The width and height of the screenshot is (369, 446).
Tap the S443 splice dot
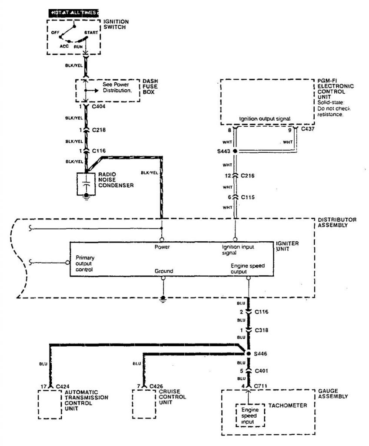point(235,151)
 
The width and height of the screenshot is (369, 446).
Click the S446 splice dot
point(248,353)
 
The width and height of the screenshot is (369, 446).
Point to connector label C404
point(99,106)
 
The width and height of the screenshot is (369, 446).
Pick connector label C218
point(99,130)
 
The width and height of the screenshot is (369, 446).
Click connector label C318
point(261,330)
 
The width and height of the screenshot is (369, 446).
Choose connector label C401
point(261,371)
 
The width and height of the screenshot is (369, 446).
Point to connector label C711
point(261,385)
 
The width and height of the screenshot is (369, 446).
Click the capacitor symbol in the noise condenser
point(87,185)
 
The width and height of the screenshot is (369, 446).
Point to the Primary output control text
point(84,264)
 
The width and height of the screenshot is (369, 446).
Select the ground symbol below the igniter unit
point(163,299)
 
